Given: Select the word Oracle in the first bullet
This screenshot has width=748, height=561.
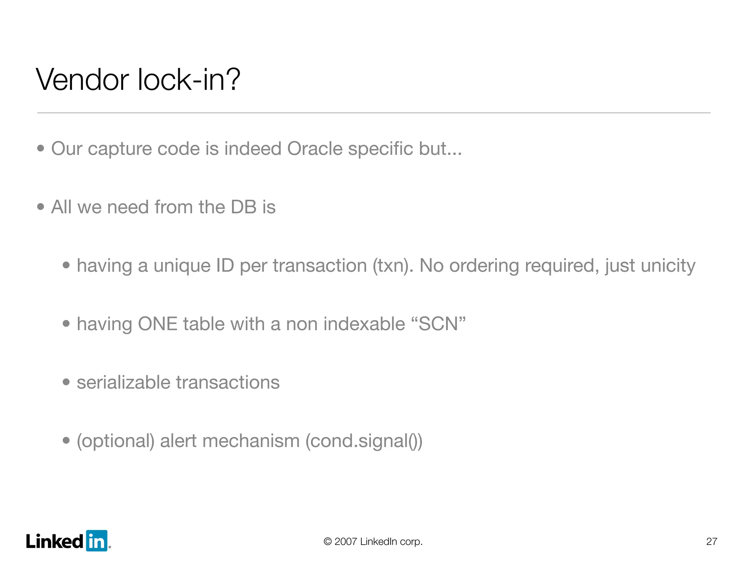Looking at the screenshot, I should pos(314,149).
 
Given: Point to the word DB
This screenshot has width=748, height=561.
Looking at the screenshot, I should pos(244,207).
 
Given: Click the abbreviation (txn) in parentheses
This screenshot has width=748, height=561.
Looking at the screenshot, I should pos(393,266).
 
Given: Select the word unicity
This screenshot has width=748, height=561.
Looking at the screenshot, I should pos(668,266).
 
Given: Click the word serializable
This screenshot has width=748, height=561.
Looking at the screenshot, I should pos(123,382).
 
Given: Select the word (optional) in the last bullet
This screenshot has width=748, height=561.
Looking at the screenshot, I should pos(115,441).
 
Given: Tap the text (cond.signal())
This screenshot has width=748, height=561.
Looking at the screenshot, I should pos(364,441).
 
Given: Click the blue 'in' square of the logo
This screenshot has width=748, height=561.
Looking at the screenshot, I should pos(96,541).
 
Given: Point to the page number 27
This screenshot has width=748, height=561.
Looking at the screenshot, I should pos(711,541).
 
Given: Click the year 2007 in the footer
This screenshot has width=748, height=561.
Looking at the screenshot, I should pos(346,541).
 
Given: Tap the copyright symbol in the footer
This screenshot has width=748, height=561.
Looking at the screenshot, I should pos(328,541).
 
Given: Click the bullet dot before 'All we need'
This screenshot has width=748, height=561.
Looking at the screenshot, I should pos(41,207).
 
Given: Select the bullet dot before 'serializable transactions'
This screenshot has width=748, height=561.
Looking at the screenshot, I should pos(66,382).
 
